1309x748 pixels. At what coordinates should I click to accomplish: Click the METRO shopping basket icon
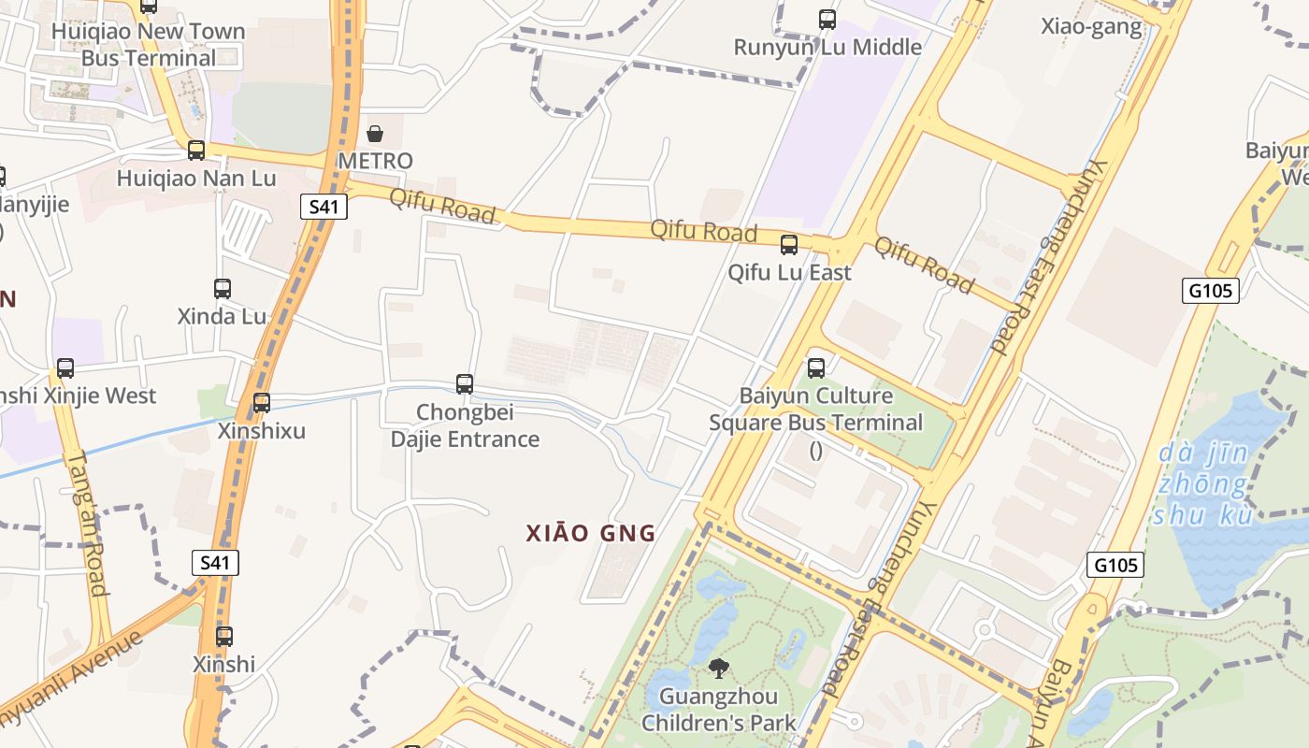pos(375,134)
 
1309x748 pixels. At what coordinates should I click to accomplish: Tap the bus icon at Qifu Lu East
pos(789,245)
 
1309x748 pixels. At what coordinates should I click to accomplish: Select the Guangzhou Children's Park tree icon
pos(718,668)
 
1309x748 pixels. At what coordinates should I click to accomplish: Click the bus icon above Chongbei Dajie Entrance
pos(465,383)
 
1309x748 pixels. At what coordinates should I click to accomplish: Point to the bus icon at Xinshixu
pos(262,403)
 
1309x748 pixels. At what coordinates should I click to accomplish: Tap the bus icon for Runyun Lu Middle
pos(827,19)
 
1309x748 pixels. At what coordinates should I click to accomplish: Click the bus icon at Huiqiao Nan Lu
pos(196,150)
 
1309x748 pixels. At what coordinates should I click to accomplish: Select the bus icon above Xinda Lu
pos(223,289)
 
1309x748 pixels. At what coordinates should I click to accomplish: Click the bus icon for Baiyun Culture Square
pos(816,367)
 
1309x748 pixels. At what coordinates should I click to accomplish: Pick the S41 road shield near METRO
pos(324,207)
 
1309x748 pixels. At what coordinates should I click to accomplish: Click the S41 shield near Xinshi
pos(216,562)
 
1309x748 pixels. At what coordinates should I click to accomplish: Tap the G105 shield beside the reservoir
pos(1116,565)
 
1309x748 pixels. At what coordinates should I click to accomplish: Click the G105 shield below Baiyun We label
pos(1212,291)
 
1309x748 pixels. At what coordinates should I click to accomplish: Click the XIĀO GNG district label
pos(591,534)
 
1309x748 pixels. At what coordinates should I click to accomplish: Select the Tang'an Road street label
pos(86,524)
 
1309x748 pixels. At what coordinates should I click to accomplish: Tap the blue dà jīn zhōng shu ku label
pos(1202,484)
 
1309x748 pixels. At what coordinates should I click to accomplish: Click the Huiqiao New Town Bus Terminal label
pos(148,44)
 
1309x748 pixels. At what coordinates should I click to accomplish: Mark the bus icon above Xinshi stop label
pos(224,637)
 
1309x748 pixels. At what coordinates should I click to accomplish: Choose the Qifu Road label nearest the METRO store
pos(442,206)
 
